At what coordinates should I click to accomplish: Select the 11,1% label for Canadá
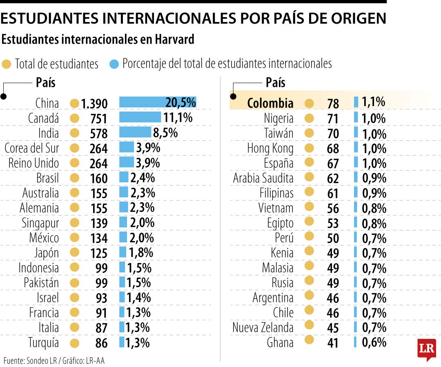178,118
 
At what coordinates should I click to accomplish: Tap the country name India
49,133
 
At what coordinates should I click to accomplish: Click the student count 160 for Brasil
99,179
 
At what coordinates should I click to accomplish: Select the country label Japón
46,253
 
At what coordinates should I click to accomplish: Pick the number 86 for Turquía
101,343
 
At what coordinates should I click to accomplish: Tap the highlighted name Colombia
270,103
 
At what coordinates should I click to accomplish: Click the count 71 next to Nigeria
333,119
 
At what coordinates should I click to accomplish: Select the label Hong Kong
270,148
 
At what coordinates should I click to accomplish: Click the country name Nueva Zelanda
263,327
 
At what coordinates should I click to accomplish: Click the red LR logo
426,349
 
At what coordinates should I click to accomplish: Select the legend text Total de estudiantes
57,64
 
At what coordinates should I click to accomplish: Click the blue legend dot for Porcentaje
114,64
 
